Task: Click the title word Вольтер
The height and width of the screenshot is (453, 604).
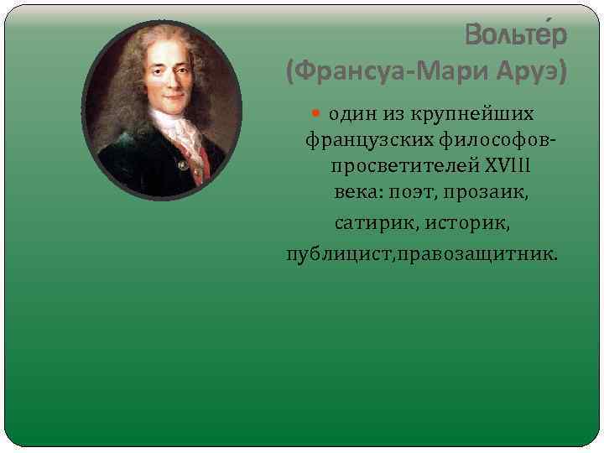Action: pyautogui.click(x=516, y=36)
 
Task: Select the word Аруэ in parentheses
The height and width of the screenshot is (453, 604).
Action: pyautogui.click(x=532, y=74)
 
